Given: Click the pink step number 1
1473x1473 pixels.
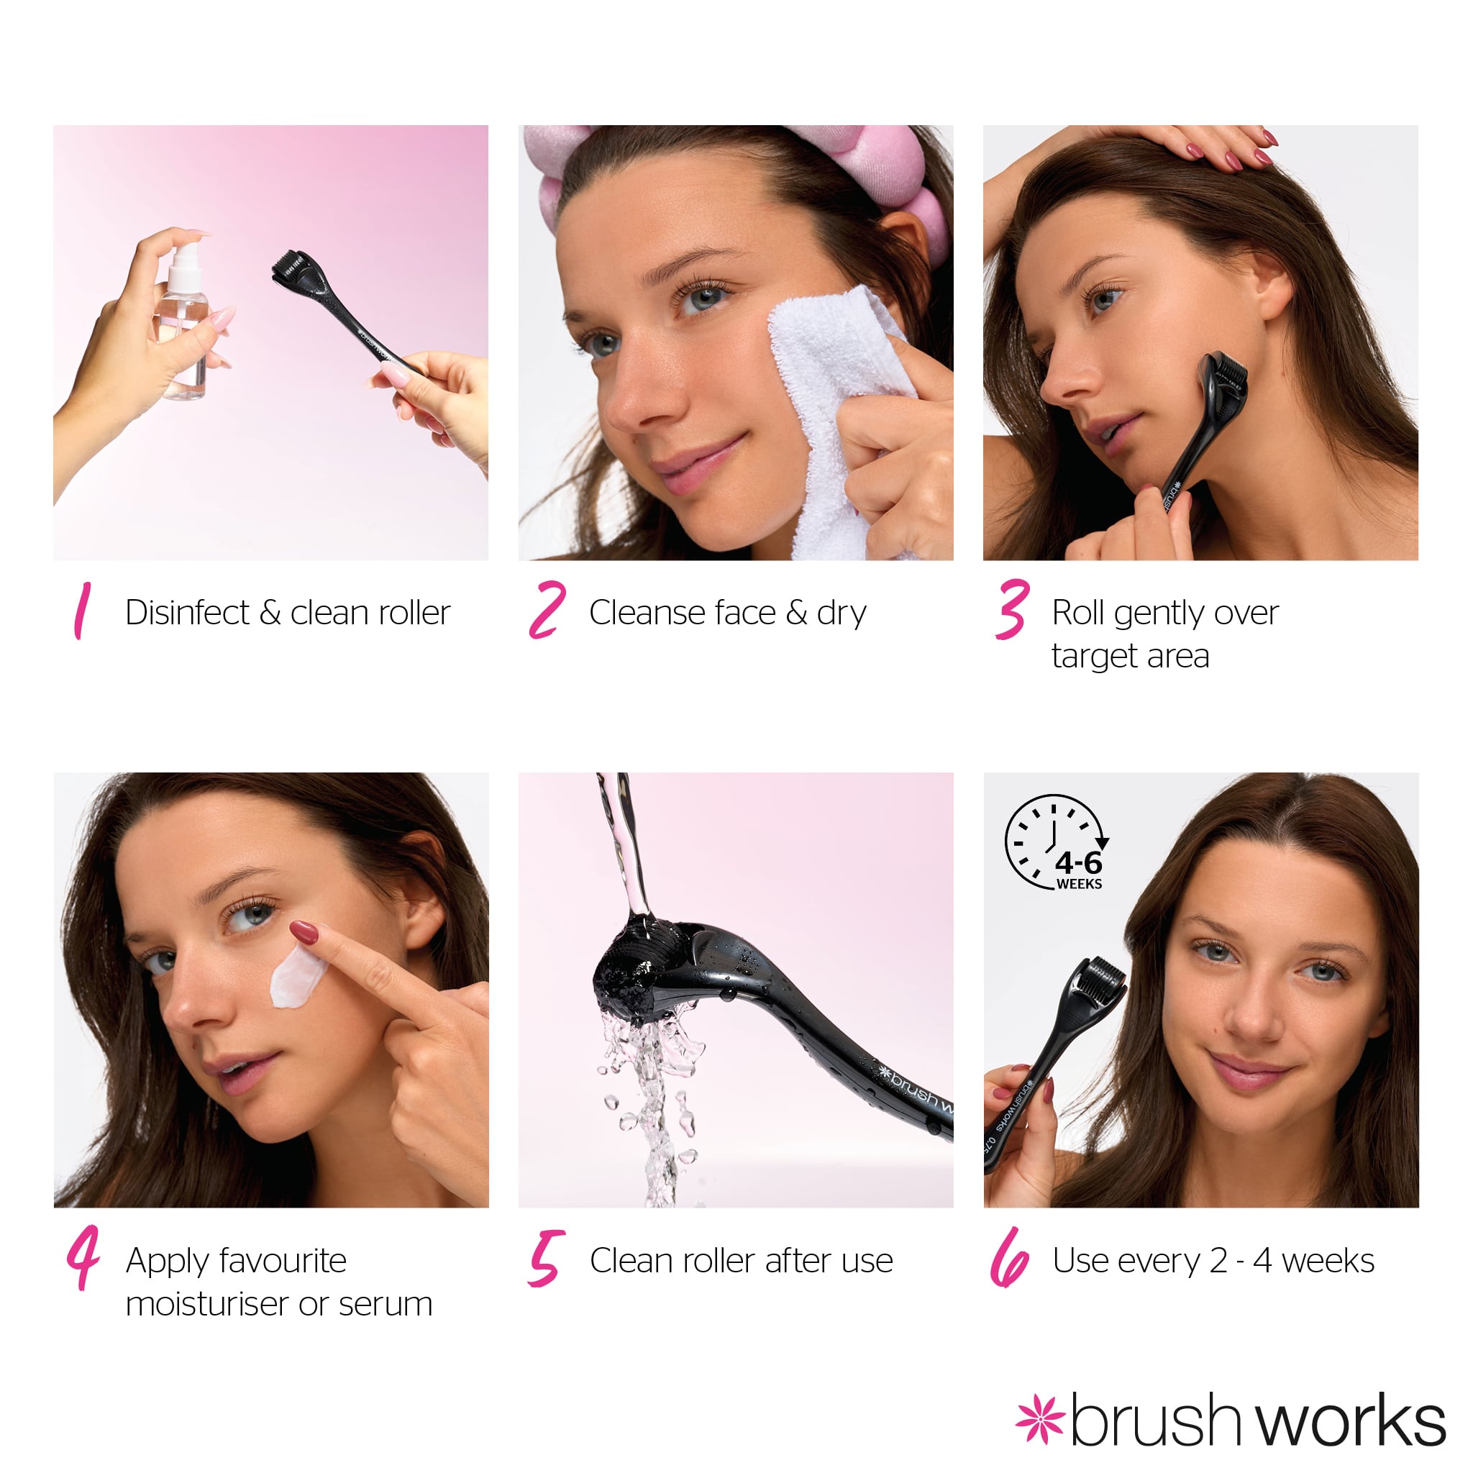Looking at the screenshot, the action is (x=82, y=610).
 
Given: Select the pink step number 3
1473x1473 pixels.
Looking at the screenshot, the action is (x=1013, y=609).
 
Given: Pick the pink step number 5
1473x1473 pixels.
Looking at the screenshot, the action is (x=547, y=1258).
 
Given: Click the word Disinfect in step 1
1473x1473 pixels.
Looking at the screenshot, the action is (x=188, y=612).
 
